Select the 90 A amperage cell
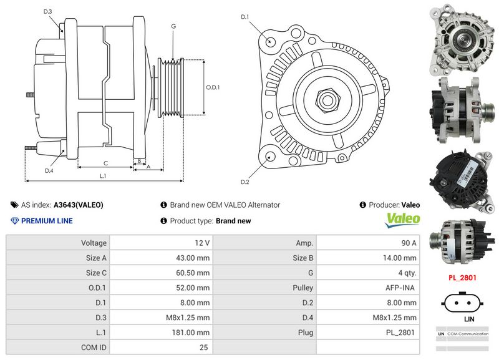tap(409, 243)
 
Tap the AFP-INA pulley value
tap(402, 288)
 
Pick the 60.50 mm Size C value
tap(193, 273)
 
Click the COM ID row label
tap(94, 348)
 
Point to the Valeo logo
tap(403, 220)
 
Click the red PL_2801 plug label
tap(462, 278)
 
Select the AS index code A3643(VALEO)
tap(79, 205)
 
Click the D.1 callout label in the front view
tap(245, 16)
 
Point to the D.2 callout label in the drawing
tap(245, 182)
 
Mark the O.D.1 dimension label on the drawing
tap(213, 87)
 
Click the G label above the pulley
tap(173, 26)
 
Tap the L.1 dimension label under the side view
tap(103, 176)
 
